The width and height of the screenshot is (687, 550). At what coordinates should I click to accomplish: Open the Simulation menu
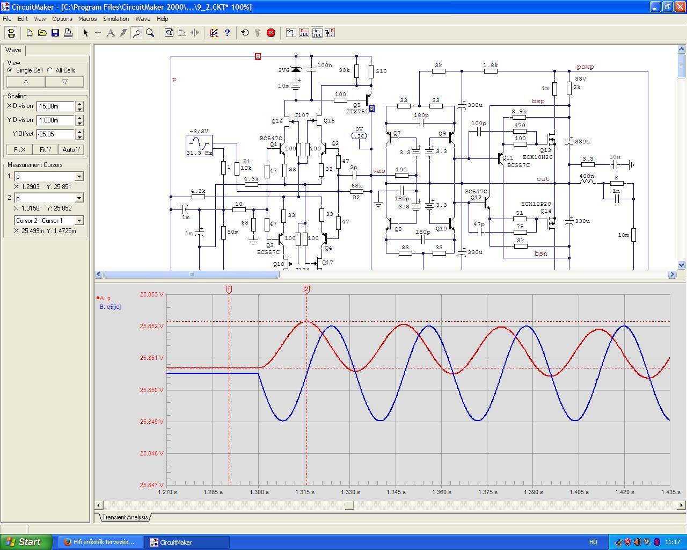click(116, 19)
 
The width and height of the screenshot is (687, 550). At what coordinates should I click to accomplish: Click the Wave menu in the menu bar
click(143, 19)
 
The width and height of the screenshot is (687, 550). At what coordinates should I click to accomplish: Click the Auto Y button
click(71, 149)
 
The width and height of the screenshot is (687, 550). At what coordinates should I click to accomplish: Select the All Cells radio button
click(50, 70)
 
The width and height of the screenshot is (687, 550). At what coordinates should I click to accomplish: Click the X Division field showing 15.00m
click(55, 106)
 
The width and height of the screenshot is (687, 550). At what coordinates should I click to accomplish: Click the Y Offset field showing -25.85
click(55, 134)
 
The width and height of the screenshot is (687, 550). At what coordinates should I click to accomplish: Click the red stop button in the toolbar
click(271, 33)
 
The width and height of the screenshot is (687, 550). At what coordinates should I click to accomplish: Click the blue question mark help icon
click(227, 33)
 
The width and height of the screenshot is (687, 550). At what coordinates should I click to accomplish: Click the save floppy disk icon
click(55, 33)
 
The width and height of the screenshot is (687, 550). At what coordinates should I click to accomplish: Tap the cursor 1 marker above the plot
click(229, 290)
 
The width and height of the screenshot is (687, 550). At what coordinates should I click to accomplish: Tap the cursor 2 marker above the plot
click(306, 290)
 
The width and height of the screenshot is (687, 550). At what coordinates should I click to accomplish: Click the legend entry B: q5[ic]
click(110, 307)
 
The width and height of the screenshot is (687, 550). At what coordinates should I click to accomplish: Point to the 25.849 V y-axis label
click(152, 422)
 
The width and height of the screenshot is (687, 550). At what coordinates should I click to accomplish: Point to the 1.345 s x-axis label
click(396, 492)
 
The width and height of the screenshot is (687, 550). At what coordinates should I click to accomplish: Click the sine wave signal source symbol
click(199, 146)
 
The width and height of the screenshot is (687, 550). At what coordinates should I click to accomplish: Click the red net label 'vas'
click(378, 171)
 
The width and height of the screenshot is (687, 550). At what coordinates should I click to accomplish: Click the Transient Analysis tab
click(125, 517)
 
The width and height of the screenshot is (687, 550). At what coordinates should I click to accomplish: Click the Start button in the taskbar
click(26, 542)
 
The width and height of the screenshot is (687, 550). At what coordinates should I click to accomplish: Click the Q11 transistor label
click(508, 157)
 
